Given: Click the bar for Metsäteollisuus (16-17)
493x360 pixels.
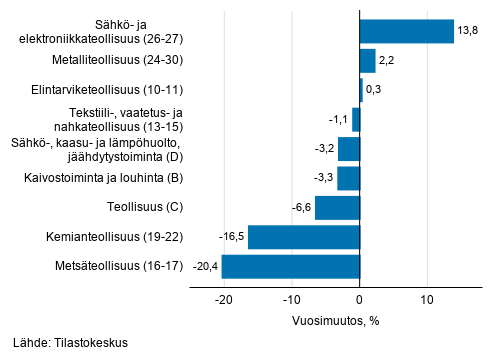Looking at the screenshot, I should (290, 267).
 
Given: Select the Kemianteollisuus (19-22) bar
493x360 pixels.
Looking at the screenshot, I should (303, 237).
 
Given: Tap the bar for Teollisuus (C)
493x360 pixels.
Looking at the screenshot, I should (337, 208).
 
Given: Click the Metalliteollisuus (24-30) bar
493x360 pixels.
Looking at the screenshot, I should (367, 61).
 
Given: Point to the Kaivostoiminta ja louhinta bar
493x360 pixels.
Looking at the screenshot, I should (348, 178).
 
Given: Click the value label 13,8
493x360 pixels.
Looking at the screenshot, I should (468, 32).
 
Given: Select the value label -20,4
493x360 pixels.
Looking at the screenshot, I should (205, 267).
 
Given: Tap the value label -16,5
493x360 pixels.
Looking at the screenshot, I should (232, 237).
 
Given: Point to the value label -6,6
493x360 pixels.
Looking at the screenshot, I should (302, 208).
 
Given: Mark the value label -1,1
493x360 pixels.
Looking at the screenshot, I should (339, 120).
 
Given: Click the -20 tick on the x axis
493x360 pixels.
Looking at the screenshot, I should (223, 299).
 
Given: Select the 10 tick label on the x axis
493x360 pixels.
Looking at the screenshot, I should (427, 299).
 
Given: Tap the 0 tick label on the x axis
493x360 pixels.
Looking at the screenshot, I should (359, 299).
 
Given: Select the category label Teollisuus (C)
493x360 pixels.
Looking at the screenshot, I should (147, 208).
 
